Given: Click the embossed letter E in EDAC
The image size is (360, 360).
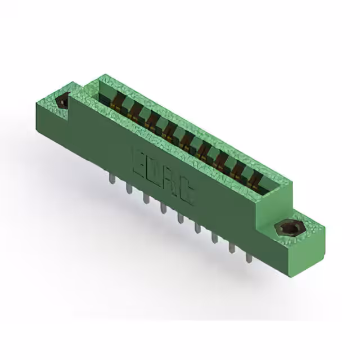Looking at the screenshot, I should click(139, 159).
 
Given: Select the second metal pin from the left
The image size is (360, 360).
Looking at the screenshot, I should click(129, 188).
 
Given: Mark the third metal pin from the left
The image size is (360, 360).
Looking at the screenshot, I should click(146, 198).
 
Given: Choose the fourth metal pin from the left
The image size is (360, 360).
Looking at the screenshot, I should click(163, 208).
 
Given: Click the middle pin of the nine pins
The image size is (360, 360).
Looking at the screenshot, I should click(180, 217).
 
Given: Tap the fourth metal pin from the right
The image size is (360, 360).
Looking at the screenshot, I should click(197, 227).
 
